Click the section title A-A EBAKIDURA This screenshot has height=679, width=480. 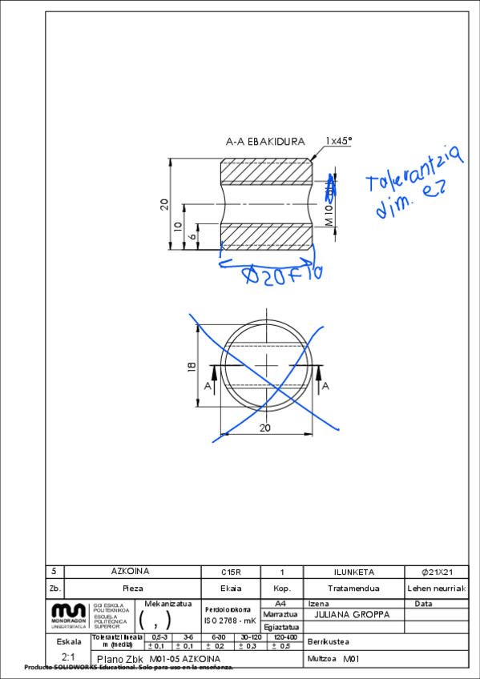[x=265, y=141]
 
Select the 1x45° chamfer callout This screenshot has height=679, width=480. [x=338, y=141]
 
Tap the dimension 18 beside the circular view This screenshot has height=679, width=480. [x=191, y=367]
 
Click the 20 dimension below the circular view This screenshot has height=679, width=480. [x=265, y=428]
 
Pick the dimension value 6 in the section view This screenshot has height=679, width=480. [x=193, y=237]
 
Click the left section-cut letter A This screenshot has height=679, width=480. [x=208, y=386]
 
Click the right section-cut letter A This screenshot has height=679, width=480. [x=325, y=386]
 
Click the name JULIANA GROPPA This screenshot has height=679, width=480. [x=352, y=615]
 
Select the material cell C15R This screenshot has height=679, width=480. [x=231, y=572]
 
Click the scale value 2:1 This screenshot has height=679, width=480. [x=68, y=657]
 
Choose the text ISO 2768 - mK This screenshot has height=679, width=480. [x=229, y=619]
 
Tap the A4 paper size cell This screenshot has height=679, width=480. [x=280, y=603]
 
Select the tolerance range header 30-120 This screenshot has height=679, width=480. [x=251, y=637]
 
